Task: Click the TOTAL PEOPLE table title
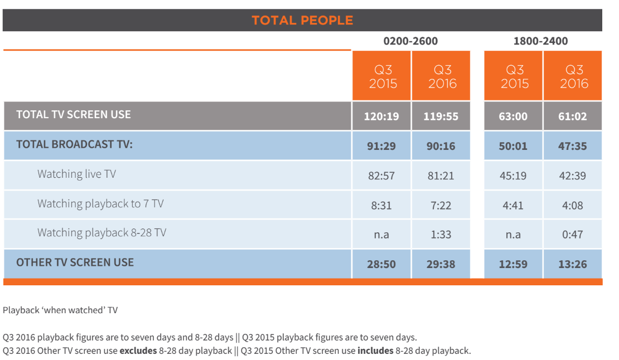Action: coord(302,21)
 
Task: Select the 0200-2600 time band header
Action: coord(410,41)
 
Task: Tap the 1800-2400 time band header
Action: coord(540,41)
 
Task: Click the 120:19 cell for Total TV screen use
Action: coord(381,117)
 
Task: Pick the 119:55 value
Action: coord(441,117)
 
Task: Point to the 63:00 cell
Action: coord(513,117)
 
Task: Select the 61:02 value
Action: coord(573,117)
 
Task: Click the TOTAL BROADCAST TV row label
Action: coord(74,144)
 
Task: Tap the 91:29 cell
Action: coord(381,147)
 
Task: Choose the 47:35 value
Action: coord(573,147)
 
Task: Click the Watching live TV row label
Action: coord(76,174)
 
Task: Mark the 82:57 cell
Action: coord(381,176)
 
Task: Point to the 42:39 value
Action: coord(573,176)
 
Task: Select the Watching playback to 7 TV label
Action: coord(100,203)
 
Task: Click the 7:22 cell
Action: coord(441,206)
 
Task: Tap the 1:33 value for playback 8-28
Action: coord(441,235)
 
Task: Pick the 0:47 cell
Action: coord(573,235)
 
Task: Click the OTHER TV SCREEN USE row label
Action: coord(75,262)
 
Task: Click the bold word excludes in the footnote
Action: coord(138,351)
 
